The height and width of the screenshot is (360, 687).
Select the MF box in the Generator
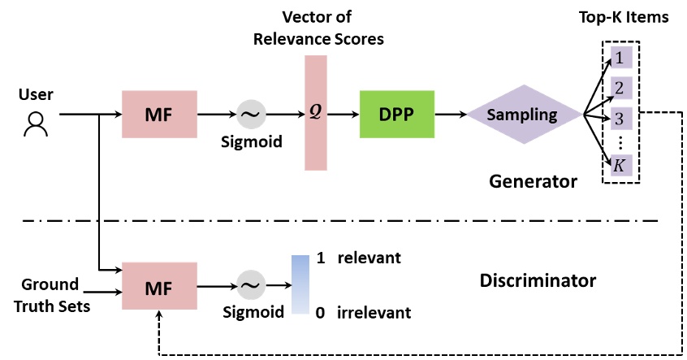pyautogui.click(x=159, y=115)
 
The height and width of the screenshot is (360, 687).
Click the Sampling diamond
pyautogui.click(x=524, y=115)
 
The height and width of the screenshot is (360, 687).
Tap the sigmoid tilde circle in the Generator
pyautogui.click(x=252, y=115)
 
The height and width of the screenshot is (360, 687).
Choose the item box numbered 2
pyautogui.click(x=620, y=88)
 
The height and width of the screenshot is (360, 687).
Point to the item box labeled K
pyautogui.click(x=620, y=166)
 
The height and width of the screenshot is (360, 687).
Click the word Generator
pyautogui.click(x=533, y=181)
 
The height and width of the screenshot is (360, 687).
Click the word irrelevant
pyautogui.click(x=374, y=312)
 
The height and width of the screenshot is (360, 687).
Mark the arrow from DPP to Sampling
pyautogui.click(x=450, y=115)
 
